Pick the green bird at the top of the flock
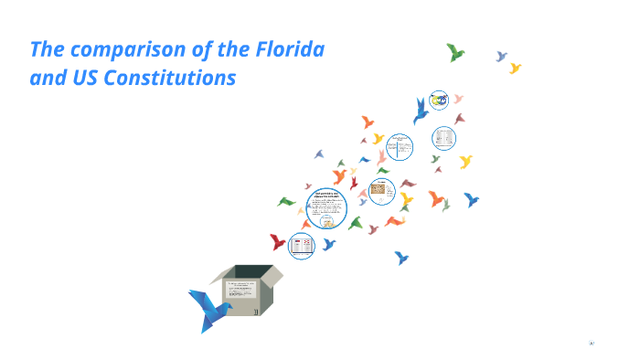(x=455, y=52)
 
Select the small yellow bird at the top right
(x=515, y=68)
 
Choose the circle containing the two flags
(x=302, y=245)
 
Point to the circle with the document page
(x=444, y=139)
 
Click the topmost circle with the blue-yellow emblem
(x=439, y=100)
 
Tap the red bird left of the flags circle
(x=277, y=242)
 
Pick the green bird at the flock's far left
(x=287, y=201)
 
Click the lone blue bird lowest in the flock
(x=400, y=258)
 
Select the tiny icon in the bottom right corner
(x=592, y=343)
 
